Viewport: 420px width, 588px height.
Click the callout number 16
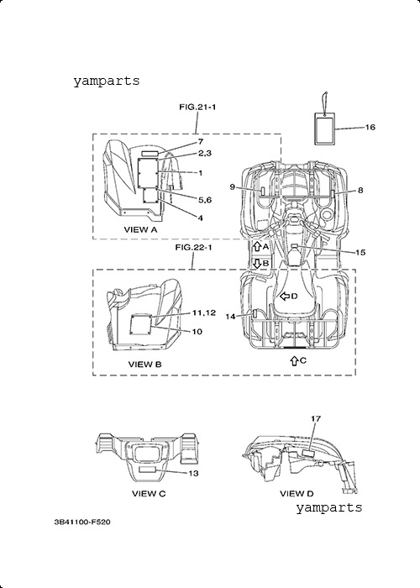pos(370,128)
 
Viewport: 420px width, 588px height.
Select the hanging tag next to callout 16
pos(324,129)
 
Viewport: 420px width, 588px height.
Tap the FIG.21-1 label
pos(197,108)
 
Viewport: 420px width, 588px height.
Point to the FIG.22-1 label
pos(193,248)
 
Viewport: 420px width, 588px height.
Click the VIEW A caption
pos(140,229)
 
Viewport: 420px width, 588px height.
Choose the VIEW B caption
pos(144,364)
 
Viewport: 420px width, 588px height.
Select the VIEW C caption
pos(149,494)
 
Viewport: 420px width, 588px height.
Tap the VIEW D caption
pos(297,494)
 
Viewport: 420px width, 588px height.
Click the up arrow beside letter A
pos(257,246)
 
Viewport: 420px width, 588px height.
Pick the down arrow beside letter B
pos(257,263)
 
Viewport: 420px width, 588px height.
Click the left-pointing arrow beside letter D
pos(285,297)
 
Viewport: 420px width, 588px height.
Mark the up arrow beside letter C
pos(294,360)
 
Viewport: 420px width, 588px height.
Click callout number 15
pos(360,253)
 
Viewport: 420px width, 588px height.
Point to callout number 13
pos(193,474)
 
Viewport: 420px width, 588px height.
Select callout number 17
pos(316,418)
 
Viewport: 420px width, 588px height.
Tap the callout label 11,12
pos(204,312)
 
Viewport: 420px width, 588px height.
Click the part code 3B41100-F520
pos(82,522)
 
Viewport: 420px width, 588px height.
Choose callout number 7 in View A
pos(201,142)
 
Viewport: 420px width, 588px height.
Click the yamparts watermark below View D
pos(329,508)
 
